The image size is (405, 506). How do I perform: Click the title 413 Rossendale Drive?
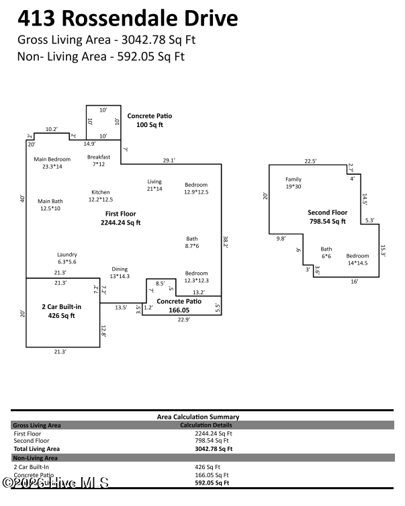pyautogui.click(x=127, y=17)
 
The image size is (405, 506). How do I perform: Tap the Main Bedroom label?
pyautogui.click(x=52, y=163)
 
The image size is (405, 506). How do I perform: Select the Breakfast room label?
pyautogui.click(x=99, y=161)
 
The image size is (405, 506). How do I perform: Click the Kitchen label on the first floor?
pyautogui.click(x=101, y=196)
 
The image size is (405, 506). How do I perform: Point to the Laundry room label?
pyautogui.click(x=67, y=258)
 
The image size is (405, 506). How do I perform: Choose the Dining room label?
pyautogui.click(x=120, y=272)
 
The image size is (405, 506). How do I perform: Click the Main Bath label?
pyautogui.click(x=50, y=205)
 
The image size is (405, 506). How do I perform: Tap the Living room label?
pyautogui.click(x=155, y=185)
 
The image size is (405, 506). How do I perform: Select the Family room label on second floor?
pyautogui.click(x=294, y=183)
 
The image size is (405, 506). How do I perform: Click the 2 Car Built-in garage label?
pyautogui.click(x=61, y=310)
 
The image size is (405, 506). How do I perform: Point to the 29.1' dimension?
pyautogui.click(x=169, y=160)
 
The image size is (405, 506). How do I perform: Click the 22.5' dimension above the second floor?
pyautogui.click(x=310, y=161)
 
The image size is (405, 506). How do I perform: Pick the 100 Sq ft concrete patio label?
pyautogui.click(x=150, y=120)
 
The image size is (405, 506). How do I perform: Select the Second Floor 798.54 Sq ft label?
pyautogui.click(x=326, y=216)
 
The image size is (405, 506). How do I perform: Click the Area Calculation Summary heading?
pyautogui.click(x=197, y=417)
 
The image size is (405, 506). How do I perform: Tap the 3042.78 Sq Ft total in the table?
pyautogui.click(x=213, y=448)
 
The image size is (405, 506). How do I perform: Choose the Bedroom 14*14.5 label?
pyautogui.click(x=357, y=259)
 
